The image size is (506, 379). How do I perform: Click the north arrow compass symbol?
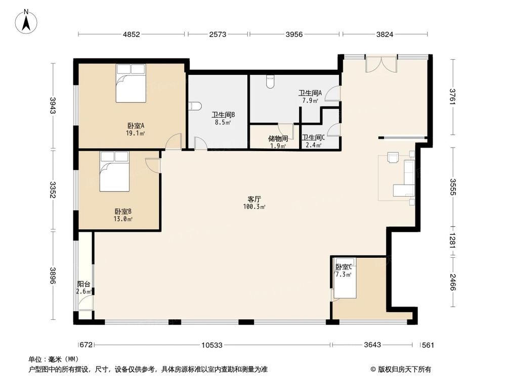pos(26,21)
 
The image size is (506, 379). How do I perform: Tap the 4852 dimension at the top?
pos(132,34)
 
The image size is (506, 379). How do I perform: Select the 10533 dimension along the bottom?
pos(212,345)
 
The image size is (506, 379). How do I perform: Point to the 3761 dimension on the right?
pos(452,97)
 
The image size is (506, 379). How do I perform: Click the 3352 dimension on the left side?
pos(53,190)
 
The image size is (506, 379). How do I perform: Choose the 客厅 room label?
pos(254,200)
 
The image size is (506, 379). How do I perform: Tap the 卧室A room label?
pos(135,125)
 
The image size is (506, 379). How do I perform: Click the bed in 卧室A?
pos(131,83)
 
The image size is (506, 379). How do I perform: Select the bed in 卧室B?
pos(114,171)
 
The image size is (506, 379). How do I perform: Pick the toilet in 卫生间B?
pos(195,106)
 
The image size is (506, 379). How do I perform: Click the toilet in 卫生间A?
pos(270,82)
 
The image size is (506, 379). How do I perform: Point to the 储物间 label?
pos(278,138)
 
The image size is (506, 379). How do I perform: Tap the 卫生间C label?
pos(313,137)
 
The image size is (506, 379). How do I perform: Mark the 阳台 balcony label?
pos(83,284)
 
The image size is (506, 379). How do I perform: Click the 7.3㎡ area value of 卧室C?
pos(344,274)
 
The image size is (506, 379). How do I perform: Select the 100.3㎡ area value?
pos(254,207)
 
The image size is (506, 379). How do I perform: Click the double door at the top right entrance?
pos(381,64)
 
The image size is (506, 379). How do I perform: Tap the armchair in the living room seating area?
pos(394,157)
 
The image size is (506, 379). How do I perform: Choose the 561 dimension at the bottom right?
pos(428,345)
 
